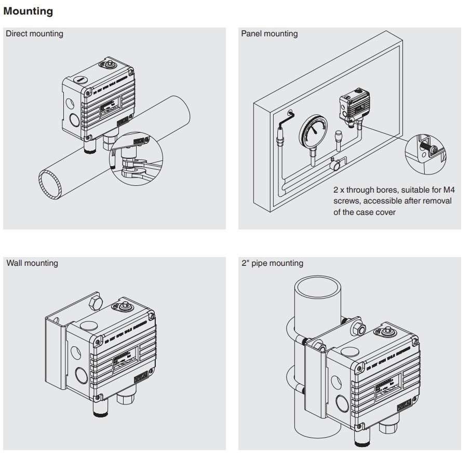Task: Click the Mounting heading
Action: pyautogui.click(x=28, y=10)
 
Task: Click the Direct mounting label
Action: pyautogui.click(x=34, y=34)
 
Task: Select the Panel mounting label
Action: pyautogui.click(x=270, y=34)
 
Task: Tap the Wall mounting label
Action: pyautogui.click(x=32, y=263)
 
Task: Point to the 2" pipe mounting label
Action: pyautogui.click(x=273, y=263)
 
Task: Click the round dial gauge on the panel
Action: pyautogui.click(x=313, y=130)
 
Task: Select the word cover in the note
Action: pyautogui.click(x=385, y=212)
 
